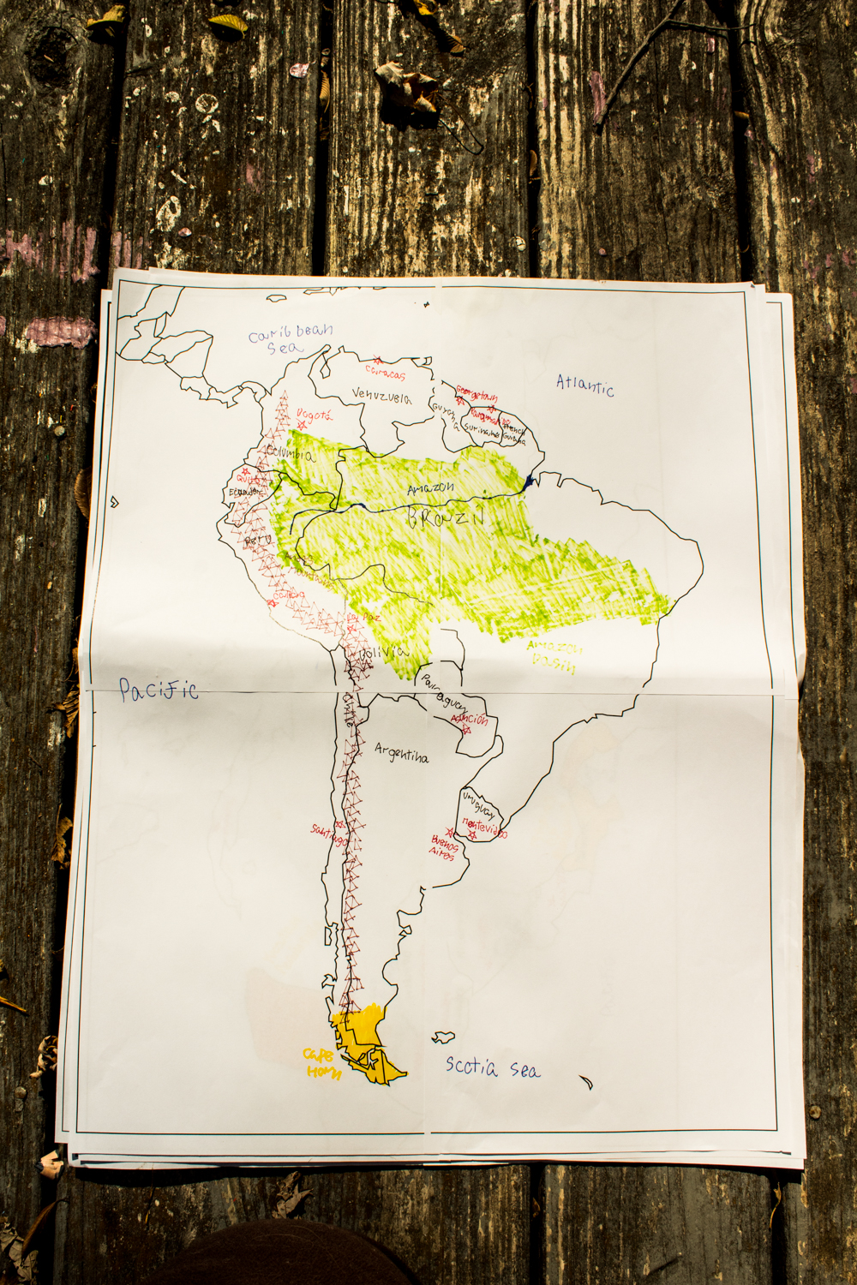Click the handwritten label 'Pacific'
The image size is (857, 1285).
(158, 689)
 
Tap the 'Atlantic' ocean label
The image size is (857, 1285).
(585, 385)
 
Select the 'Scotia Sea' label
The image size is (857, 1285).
(492, 1067)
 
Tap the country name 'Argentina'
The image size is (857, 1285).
(401, 753)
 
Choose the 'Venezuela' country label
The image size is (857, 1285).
(381, 396)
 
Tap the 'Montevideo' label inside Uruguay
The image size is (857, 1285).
(484, 828)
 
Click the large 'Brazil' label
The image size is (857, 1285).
(446, 517)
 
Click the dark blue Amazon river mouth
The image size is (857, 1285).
(530, 482)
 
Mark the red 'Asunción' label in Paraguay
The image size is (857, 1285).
(470, 719)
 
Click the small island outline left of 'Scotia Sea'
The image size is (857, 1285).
(442, 1037)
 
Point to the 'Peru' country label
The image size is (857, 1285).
(257, 541)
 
